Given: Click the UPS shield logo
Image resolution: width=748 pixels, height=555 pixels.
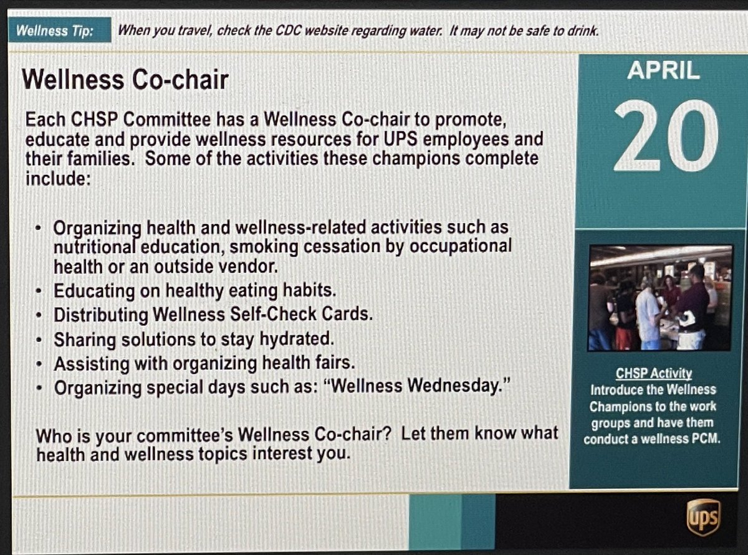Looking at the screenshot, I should coord(703,517).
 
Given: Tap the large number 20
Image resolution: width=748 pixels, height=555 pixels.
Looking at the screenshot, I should coord(665,136).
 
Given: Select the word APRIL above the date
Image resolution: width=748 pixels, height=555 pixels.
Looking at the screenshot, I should coord(663,71).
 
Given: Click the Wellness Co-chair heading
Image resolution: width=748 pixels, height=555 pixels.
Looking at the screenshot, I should coord(125,80).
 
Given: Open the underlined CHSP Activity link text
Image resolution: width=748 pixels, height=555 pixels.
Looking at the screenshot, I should coord(654,373).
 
